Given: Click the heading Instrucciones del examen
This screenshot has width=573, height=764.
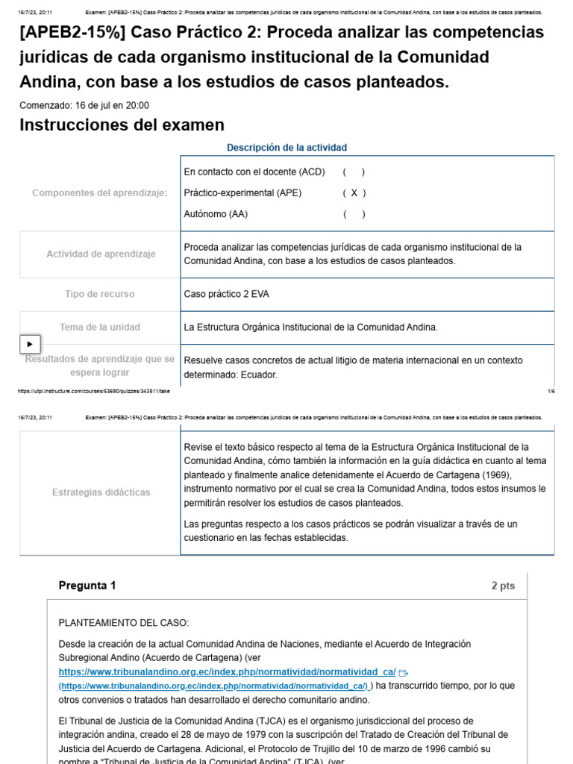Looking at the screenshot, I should [x=122, y=125].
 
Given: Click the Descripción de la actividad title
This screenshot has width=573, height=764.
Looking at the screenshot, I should [x=286, y=148].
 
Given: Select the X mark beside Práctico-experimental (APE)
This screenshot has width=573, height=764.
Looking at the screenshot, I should [x=354, y=193].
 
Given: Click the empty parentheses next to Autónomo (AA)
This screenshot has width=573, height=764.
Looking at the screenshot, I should [x=354, y=214].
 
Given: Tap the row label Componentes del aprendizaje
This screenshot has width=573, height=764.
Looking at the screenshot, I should [x=100, y=193].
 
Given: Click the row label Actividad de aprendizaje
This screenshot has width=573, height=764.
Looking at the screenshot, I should [x=101, y=254].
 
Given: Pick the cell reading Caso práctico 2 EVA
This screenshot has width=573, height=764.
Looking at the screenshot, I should [x=227, y=294].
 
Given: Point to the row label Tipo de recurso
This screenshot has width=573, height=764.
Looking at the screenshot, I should [x=100, y=294].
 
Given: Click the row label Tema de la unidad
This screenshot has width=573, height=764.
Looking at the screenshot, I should [x=100, y=328].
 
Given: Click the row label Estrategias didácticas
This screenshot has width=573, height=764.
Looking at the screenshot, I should [x=101, y=492].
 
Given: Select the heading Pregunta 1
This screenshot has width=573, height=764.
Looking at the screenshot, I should [x=87, y=586].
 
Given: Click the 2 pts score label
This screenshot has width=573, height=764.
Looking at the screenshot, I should [x=503, y=586].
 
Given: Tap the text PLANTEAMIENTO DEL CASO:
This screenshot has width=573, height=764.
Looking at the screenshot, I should [x=124, y=623].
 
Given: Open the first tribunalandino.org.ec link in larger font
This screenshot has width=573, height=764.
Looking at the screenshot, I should [x=227, y=672].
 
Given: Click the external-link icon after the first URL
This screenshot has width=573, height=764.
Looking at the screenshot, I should [x=404, y=673].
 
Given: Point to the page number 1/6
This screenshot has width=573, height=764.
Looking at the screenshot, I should [x=551, y=391].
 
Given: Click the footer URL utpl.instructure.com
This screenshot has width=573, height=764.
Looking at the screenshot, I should [x=93, y=391].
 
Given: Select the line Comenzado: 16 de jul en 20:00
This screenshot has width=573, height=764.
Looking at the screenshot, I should [x=84, y=105].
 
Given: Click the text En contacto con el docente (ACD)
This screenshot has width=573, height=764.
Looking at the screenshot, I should [x=254, y=172].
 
